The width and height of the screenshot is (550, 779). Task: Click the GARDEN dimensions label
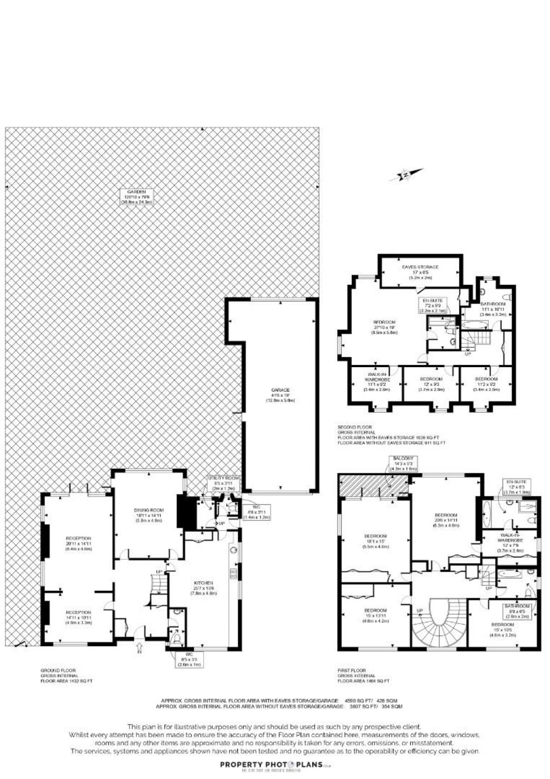coord(136,197)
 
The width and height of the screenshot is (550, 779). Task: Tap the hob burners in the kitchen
coord(234,573)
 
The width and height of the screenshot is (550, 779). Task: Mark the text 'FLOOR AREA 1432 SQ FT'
coord(67,681)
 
